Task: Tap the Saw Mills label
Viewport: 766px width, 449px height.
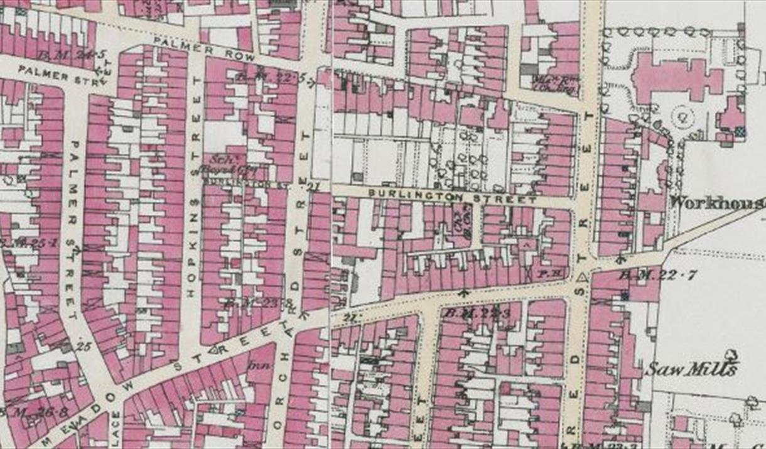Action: [x=691, y=369]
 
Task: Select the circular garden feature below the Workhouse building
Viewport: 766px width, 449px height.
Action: [x=682, y=116]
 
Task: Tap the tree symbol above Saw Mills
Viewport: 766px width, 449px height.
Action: [x=730, y=355]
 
